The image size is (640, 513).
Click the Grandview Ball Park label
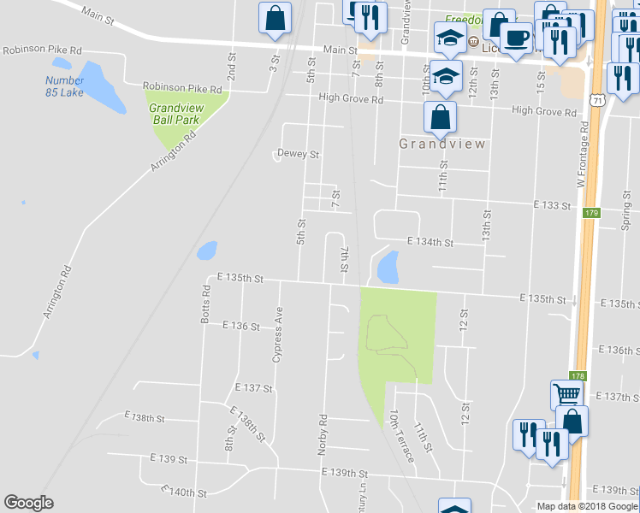pyautogui.click(x=175, y=114)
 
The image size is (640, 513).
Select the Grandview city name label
pyautogui.click(x=442, y=144)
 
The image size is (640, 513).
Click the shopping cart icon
pyautogui.click(x=566, y=394)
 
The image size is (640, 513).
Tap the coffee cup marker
pyautogui.click(x=516, y=38)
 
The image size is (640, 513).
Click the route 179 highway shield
pyautogui.click(x=591, y=213)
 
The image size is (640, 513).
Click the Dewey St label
pyautogui.click(x=298, y=155)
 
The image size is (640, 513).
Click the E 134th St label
pyautogui.click(x=430, y=243)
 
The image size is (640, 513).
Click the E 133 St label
pyautogui.click(x=551, y=205)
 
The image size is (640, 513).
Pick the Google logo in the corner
pyautogui.click(x=29, y=503)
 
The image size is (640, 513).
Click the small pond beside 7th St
pyautogui.click(x=388, y=267)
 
